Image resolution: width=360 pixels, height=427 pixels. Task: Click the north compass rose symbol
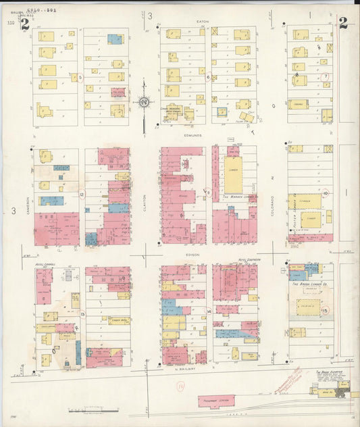point(144,103)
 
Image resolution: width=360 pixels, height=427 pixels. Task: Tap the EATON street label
point(203,22)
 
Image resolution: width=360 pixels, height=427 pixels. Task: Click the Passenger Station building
point(215,400)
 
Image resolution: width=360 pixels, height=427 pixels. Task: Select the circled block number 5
point(80,78)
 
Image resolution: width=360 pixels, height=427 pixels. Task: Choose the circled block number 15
point(325,310)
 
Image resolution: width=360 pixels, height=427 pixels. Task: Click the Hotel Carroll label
point(45,265)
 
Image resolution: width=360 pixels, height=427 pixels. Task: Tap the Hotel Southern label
point(248,260)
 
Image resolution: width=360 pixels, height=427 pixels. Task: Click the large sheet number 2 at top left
point(25,25)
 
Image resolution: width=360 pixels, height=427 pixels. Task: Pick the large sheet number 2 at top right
point(343,24)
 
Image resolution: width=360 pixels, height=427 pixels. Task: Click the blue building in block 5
point(115,39)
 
